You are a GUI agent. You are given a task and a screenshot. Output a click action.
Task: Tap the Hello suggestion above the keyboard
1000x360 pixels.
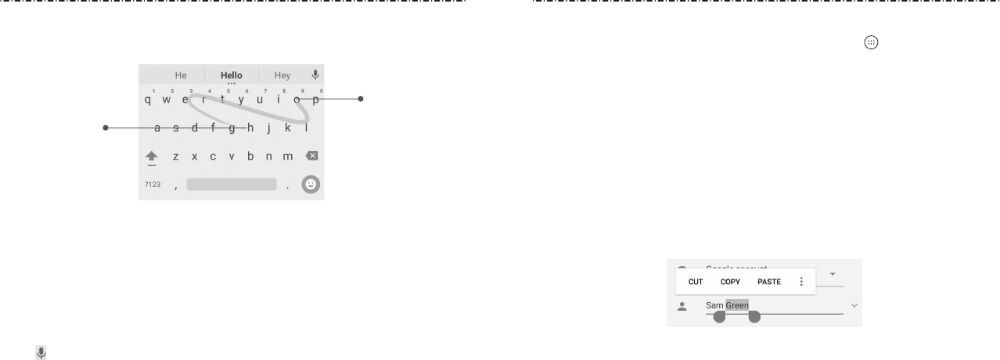[x=232, y=76]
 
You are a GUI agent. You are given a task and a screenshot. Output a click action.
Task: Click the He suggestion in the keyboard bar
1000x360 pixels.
[x=181, y=76]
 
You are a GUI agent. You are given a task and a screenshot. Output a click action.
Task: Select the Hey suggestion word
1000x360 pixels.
[x=282, y=76]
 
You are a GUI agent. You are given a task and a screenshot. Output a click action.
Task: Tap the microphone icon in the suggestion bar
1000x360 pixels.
[x=315, y=75]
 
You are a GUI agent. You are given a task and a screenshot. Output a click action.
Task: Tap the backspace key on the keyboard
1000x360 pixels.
[x=311, y=156]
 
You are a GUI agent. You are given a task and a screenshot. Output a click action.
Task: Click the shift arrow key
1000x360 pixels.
[x=152, y=157]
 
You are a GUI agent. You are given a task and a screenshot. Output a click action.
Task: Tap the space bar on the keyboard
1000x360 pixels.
[x=232, y=185]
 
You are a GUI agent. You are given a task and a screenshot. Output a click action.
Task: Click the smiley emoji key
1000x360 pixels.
[x=311, y=185]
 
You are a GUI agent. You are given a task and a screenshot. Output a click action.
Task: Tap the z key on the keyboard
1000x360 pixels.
[x=175, y=157]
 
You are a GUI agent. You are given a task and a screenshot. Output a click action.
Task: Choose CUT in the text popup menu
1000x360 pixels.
[x=696, y=281]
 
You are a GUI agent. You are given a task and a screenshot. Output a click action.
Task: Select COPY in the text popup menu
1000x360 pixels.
[x=730, y=281]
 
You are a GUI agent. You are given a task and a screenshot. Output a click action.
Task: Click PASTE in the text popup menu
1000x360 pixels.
[x=770, y=281]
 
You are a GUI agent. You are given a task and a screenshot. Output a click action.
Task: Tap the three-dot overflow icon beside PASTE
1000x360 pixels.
[x=801, y=281]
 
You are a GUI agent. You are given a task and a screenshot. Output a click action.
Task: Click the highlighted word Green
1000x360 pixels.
[x=737, y=305]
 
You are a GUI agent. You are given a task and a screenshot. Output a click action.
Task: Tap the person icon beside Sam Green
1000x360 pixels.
[x=682, y=306]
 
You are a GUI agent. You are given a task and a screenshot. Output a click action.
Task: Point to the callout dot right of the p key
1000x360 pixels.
[x=361, y=99]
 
